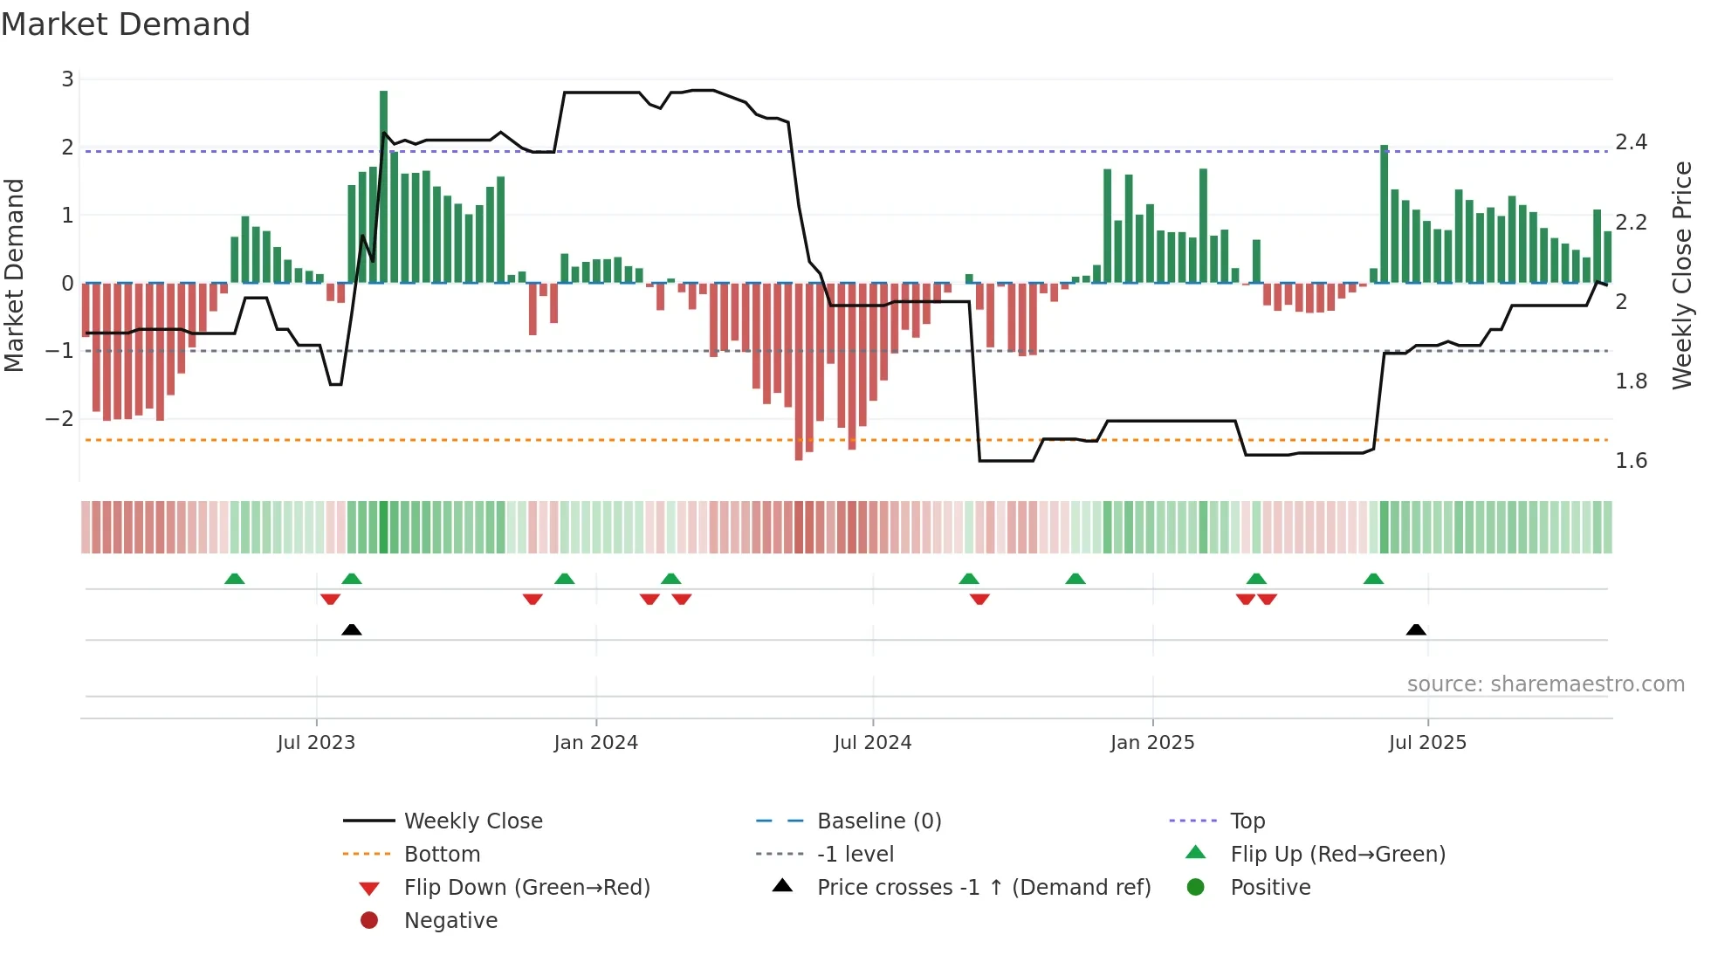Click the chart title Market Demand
pyautogui.click(x=126, y=24)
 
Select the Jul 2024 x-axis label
pyautogui.click(x=872, y=743)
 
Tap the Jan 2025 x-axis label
pyautogui.click(x=1151, y=743)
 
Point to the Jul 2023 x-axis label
pyautogui.click(x=316, y=743)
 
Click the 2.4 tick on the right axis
pyautogui.click(x=1631, y=142)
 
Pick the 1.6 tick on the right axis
pyautogui.click(x=1631, y=461)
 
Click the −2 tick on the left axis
pyautogui.click(x=59, y=419)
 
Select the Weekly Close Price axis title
pyautogui.click(x=1681, y=275)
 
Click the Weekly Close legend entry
pyautogui.click(x=472, y=821)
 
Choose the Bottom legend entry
pyautogui.click(x=442, y=855)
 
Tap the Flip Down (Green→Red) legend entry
pyautogui.click(x=526, y=888)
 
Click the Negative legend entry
pyautogui.click(x=450, y=921)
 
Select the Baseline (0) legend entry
pyautogui.click(x=878, y=821)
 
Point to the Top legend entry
pyautogui.click(x=1247, y=821)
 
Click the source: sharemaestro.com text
pyautogui.click(x=1545, y=684)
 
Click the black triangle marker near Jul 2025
pyautogui.click(x=1416, y=630)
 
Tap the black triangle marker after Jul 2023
pyautogui.click(x=352, y=630)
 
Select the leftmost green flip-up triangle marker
pyautogui.click(x=234, y=579)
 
